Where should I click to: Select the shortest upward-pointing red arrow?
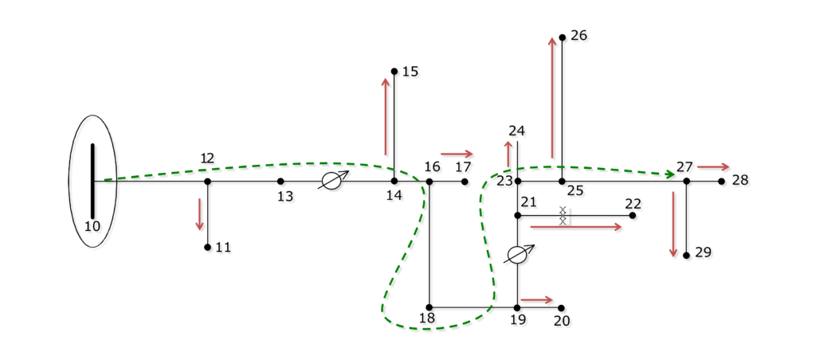(x=508, y=155)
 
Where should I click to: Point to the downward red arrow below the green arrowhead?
(x=673, y=224)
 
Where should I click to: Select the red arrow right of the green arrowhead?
(x=712, y=166)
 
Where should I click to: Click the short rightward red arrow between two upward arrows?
(x=456, y=154)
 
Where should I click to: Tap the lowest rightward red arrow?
(x=536, y=299)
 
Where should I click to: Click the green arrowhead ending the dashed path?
(x=670, y=174)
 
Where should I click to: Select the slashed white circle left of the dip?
(x=331, y=181)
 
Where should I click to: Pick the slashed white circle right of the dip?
(x=517, y=255)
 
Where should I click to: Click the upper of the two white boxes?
(x=563, y=210)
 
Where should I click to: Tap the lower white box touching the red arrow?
(x=563, y=221)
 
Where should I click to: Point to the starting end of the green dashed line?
(x=105, y=179)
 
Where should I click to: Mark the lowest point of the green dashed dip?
(x=426, y=328)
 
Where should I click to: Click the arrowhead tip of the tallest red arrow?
(x=551, y=37)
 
